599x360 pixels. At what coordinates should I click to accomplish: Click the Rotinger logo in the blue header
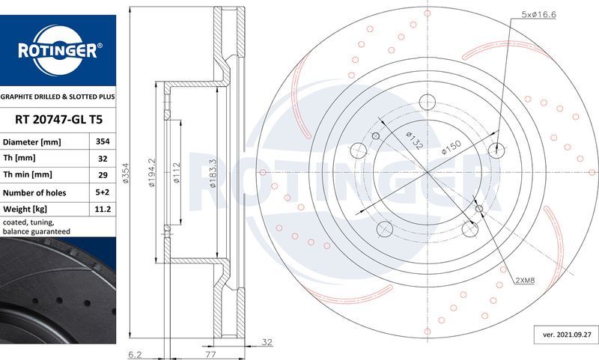point(58,52)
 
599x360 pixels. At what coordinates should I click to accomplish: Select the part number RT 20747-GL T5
point(58,120)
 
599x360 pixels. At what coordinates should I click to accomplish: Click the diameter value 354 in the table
point(103,141)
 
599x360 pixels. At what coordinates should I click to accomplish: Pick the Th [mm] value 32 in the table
point(103,158)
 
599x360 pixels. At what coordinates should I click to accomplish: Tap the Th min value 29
point(103,175)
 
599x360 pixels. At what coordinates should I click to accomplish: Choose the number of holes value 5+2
point(103,192)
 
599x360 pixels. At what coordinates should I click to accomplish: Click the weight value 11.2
point(103,209)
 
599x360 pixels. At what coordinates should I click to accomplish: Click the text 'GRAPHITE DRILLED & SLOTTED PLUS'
point(58,97)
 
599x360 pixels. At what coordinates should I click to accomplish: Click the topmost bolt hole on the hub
point(428,102)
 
